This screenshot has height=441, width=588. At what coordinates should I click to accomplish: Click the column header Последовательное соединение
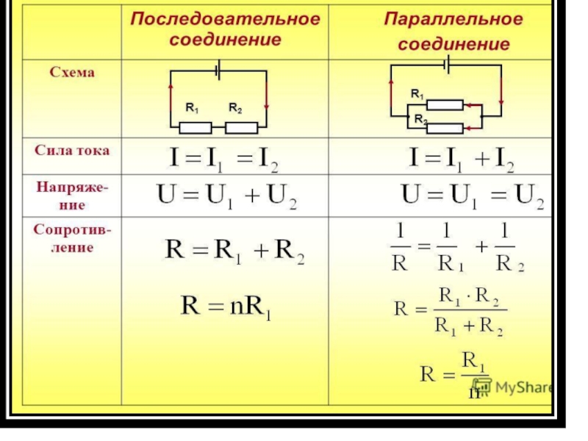tap(225, 28)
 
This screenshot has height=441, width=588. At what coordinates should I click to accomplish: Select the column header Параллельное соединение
tap(453, 30)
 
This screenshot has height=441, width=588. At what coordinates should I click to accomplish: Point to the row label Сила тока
tap(72, 150)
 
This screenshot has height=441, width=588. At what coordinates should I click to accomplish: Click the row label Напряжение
tap(72, 196)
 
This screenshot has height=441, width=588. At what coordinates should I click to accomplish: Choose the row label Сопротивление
tap(72, 239)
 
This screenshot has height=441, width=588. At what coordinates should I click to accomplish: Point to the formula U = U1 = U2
tap(471, 197)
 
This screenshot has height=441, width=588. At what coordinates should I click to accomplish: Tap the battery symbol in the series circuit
tap(218, 71)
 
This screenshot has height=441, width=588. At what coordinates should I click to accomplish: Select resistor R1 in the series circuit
tap(196, 127)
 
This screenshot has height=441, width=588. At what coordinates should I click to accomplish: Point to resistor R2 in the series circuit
tap(241, 127)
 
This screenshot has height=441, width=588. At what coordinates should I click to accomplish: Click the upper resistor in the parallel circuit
tap(445, 106)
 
